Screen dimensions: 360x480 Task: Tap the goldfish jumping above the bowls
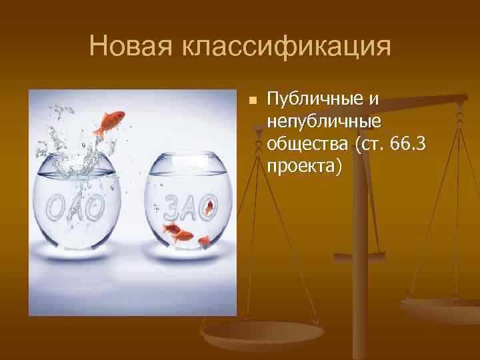(110, 122)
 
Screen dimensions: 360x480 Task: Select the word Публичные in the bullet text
(313, 100)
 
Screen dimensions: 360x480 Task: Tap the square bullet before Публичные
(252, 101)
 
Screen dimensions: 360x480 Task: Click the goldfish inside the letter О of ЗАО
(209, 209)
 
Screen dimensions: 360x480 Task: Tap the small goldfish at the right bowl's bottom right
(204, 241)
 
